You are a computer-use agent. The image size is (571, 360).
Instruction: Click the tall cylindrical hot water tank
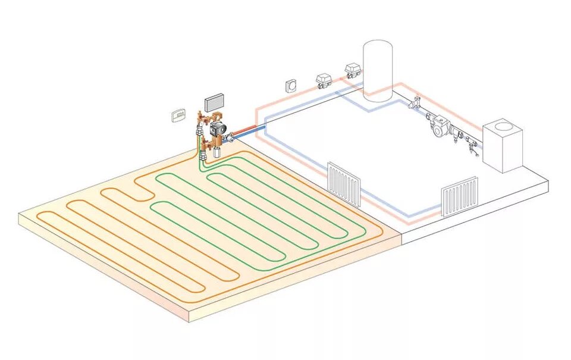tap(378, 70)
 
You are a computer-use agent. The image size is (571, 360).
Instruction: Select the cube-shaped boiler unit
tap(502, 147)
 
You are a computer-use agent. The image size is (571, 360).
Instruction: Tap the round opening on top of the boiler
tap(503, 126)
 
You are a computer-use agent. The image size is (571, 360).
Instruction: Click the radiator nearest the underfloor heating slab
tap(344, 183)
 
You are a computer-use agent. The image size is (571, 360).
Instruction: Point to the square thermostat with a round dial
tap(291, 84)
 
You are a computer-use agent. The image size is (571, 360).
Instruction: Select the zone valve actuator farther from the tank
tap(324, 79)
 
